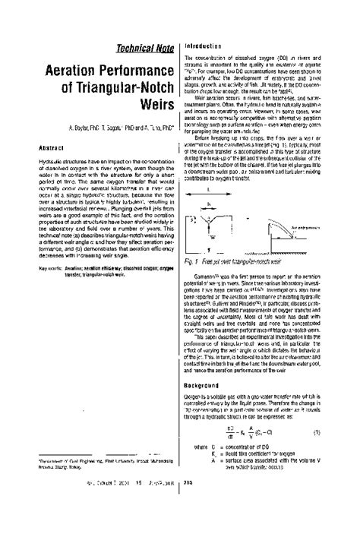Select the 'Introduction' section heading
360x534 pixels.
pos(204,46)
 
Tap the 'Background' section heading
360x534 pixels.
pos(203,386)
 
